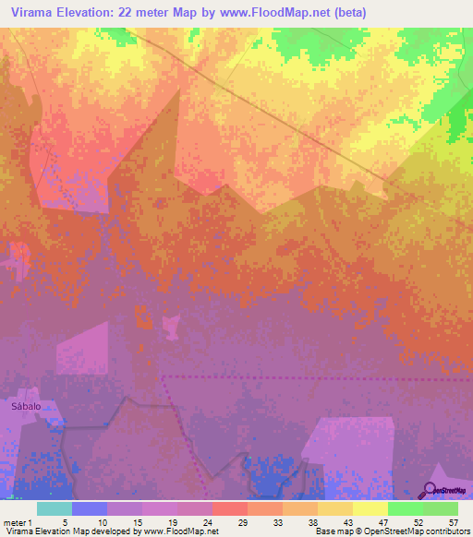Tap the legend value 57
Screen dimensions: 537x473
(x=453, y=520)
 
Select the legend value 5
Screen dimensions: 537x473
(x=65, y=520)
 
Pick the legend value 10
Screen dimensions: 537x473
(x=103, y=520)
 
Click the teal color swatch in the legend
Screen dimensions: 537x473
(x=54, y=508)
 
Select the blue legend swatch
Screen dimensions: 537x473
(x=89, y=508)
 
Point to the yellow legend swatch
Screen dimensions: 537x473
(x=370, y=508)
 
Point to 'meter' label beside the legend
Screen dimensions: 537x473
(x=14, y=520)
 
